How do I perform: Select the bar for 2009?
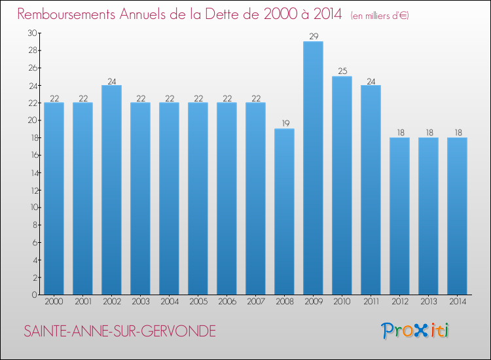coord(313,168)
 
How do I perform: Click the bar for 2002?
coord(111,190)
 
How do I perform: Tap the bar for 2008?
coord(284,211)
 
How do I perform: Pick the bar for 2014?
coord(457,216)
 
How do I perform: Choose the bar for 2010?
coord(342,185)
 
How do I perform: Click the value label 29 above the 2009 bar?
coord(313,37)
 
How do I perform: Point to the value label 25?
coord(342,71)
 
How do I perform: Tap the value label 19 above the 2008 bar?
coord(284,124)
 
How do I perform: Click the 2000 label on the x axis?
coord(54,302)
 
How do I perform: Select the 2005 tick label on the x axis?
coord(198,302)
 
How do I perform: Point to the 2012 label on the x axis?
coord(399,302)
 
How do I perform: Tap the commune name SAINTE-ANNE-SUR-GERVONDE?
coord(119,331)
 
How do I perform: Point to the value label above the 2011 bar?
coord(371,81)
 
